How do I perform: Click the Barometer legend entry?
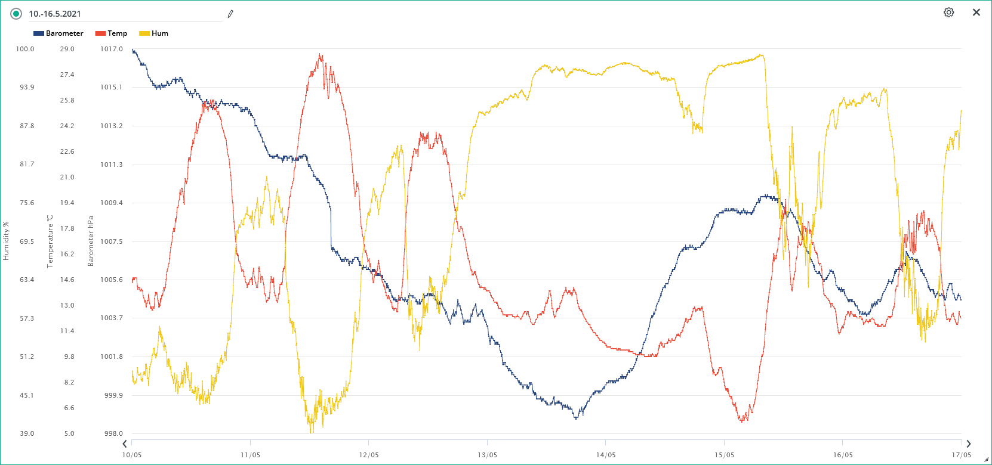coord(58,33)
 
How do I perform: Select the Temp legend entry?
coord(112,33)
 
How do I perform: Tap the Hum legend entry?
coord(154,33)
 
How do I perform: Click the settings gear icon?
coord(948,13)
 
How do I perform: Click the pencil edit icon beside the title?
coord(230,14)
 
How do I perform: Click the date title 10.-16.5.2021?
coord(55,14)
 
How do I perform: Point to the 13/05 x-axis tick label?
coord(487,455)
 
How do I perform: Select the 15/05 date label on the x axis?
coord(724,455)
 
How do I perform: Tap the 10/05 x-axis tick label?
coord(132,455)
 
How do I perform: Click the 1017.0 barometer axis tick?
coord(111,49)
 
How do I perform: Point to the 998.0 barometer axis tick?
coord(113,433)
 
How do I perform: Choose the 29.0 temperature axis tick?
coord(67,49)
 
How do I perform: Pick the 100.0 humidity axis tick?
coord(25,49)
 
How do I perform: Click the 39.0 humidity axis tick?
coord(27,433)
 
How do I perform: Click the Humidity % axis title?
coord(6,241)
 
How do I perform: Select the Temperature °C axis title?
coord(50,241)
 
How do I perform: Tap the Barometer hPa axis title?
coord(91,241)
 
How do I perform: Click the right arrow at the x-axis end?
coord(968,444)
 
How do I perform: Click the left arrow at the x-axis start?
coord(125,444)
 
